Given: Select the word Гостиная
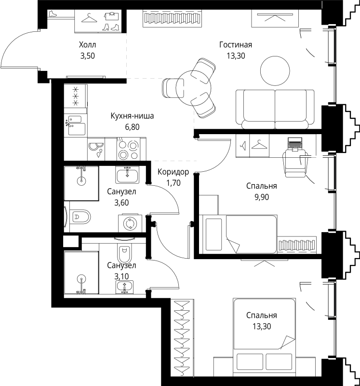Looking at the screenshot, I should [x=236, y=45].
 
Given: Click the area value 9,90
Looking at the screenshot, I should [x=261, y=196].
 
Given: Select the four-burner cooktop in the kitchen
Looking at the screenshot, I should [x=129, y=149].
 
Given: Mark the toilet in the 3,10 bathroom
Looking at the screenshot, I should [x=124, y=252].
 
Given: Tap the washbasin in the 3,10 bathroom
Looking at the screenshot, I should [x=126, y=287].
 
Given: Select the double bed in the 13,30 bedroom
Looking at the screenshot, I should [x=264, y=333].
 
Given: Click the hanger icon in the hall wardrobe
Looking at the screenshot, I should [x=89, y=18].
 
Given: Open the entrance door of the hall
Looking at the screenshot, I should [x=19, y=53].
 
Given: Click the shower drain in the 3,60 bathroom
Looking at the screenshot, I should [x=81, y=181].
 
